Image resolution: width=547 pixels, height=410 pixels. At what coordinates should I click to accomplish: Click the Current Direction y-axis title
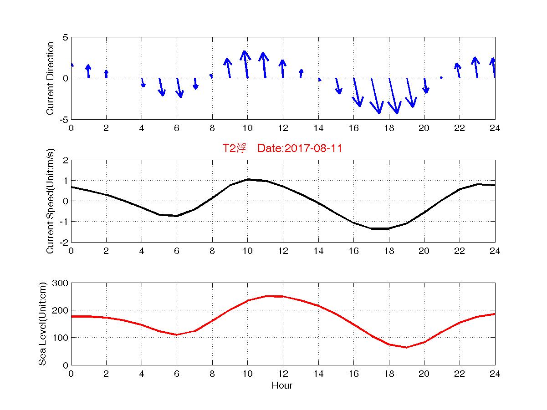pyautogui.click(x=51, y=78)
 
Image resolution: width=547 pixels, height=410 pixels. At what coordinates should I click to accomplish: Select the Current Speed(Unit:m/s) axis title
pyautogui.click(x=51, y=201)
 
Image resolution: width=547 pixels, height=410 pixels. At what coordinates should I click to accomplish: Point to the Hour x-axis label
pyautogui.click(x=282, y=385)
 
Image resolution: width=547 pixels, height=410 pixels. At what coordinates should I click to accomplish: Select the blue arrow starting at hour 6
pyautogui.click(x=179, y=87)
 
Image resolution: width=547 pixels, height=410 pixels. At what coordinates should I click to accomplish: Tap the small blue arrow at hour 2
pyautogui.click(x=106, y=74)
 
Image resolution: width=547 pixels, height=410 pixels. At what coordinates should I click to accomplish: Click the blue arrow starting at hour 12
pyautogui.click(x=283, y=69)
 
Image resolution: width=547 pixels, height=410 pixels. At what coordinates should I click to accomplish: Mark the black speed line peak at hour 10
pyautogui.click(x=247, y=179)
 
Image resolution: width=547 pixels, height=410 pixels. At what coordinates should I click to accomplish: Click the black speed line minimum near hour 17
pyautogui.click(x=372, y=228)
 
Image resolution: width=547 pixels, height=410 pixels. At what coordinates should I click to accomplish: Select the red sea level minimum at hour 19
pyautogui.click(x=406, y=348)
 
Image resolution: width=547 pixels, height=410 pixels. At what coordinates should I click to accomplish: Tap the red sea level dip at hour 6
pyautogui.click(x=177, y=335)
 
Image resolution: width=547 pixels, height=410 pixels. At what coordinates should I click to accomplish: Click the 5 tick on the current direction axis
pyautogui.click(x=65, y=37)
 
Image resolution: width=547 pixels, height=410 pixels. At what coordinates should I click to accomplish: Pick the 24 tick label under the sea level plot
pyautogui.click(x=495, y=374)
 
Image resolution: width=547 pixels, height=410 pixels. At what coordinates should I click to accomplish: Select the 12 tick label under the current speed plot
pyautogui.click(x=283, y=251)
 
